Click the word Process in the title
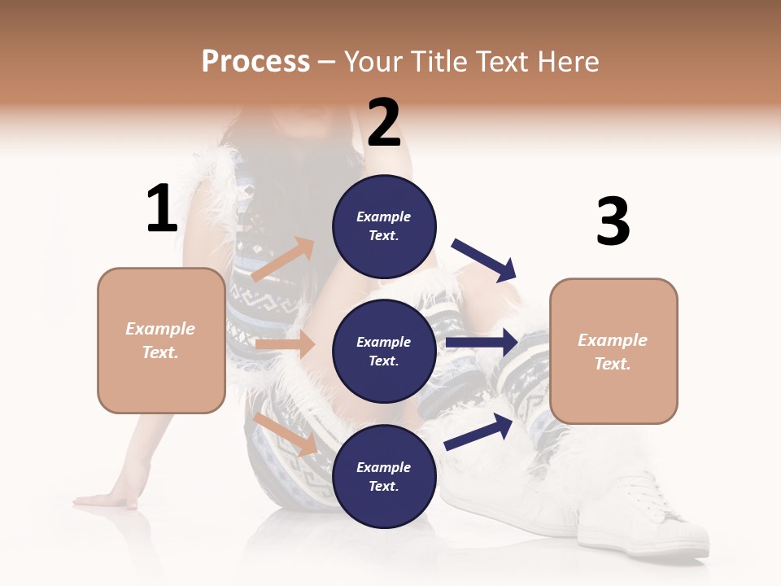click(x=255, y=62)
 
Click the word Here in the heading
click(x=566, y=62)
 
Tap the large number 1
click(x=162, y=209)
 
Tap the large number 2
click(x=384, y=122)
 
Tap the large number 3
click(x=613, y=222)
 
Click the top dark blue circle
click(x=384, y=226)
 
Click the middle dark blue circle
click(x=384, y=352)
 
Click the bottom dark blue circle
click(x=384, y=477)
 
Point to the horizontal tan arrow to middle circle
click(x=285, y=344)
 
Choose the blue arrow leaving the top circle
click(x=484, y=260)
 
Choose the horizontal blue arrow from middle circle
click(x=482, y=343)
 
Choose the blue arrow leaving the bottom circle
click(x=478, y=432)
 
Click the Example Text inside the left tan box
click(x=160, y=340)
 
